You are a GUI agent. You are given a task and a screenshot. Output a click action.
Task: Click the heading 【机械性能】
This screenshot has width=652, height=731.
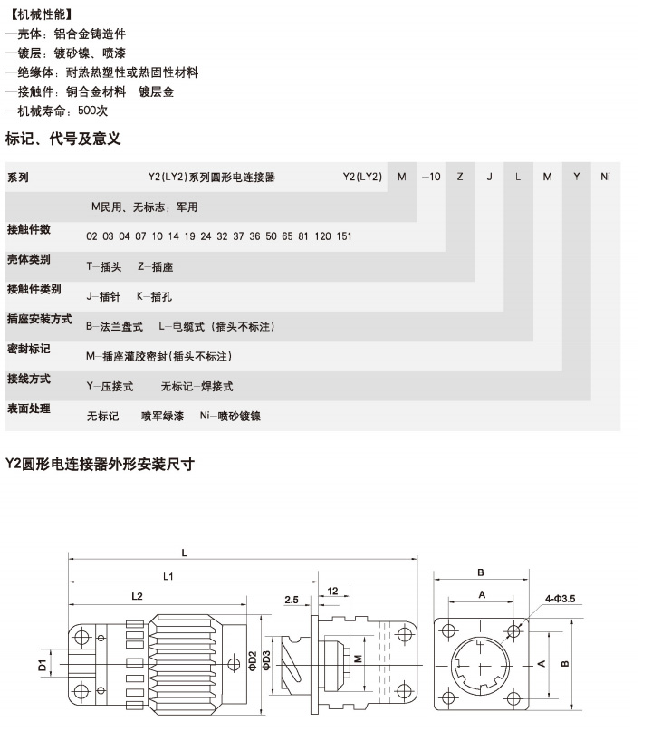tap(41, 14)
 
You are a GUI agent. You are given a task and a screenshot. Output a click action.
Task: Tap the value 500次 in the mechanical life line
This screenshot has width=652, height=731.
tap(92, 111)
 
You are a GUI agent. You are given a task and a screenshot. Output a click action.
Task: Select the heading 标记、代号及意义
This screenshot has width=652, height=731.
tap(62, 139)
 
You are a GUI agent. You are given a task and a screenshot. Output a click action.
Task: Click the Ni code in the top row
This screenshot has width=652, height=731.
tap(605, 177)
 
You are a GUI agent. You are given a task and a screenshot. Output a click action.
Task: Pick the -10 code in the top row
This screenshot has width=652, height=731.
tap(431, 177)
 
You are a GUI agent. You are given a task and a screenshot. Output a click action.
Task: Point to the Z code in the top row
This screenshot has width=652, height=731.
tap(460, 177)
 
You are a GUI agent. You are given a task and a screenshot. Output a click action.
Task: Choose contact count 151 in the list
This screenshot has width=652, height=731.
tap(344, 236)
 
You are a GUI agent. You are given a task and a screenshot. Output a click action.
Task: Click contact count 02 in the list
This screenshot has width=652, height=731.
tap(91, 236)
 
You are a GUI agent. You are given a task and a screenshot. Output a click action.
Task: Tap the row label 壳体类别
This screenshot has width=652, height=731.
tap(28, 259)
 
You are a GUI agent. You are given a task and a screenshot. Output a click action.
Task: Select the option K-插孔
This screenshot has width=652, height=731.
tap(154, 296)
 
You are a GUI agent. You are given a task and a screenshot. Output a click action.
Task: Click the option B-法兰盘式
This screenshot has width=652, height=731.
tap(114, 326)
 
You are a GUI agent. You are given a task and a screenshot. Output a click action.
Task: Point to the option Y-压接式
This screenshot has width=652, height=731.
tap(110, 386)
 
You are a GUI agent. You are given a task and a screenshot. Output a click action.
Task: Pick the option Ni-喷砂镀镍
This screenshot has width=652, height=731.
tap(230, 416)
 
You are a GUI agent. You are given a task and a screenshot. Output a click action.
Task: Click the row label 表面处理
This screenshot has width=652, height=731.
tap(28, 409)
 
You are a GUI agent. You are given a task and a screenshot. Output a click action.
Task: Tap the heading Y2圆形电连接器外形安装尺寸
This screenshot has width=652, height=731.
tap(100, 464)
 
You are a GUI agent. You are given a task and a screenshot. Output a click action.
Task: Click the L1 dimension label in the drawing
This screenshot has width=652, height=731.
tap(168, 577)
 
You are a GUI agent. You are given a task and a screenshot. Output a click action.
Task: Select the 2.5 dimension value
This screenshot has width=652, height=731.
tap(292, 600)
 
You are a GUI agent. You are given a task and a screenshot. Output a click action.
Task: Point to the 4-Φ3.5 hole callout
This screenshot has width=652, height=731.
tap(561, 599)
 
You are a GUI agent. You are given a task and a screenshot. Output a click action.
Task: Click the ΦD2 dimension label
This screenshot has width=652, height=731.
tap(252, 661)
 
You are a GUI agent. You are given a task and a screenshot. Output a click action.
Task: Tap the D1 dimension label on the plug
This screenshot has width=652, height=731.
tap(43, 665)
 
